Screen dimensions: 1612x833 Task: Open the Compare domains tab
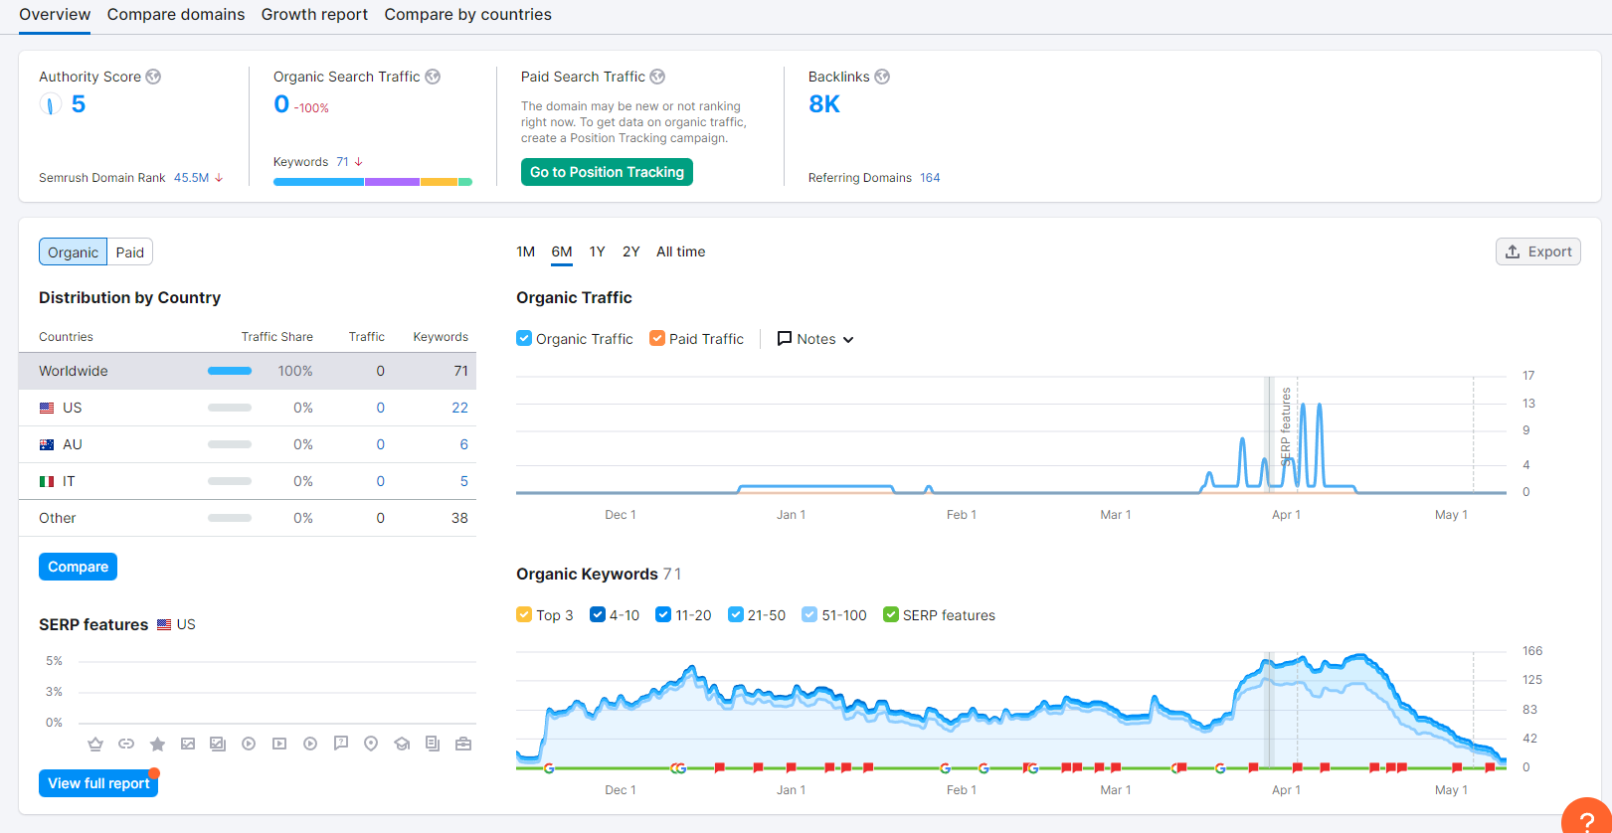176,14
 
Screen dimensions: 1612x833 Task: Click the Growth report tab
314,14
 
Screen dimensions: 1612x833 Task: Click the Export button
1537,251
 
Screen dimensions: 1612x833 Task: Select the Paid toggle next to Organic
129,252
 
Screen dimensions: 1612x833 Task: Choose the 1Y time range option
597,251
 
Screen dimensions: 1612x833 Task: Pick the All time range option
680,251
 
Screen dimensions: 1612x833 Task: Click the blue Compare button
78,567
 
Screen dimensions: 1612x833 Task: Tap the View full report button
98,783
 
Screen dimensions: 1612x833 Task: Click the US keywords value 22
459,408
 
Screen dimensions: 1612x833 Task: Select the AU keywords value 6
464,444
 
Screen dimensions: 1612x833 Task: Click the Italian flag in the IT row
47,481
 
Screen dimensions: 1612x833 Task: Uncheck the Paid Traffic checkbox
657,338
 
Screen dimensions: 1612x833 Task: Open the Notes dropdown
815,339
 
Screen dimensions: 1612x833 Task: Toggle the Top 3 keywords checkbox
524,615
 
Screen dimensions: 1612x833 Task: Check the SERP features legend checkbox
891,615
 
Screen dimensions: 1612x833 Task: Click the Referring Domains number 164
930,178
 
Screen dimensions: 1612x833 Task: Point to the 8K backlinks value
824,104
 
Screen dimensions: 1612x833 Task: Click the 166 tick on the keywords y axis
1532,651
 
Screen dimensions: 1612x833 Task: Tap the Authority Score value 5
79,104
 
